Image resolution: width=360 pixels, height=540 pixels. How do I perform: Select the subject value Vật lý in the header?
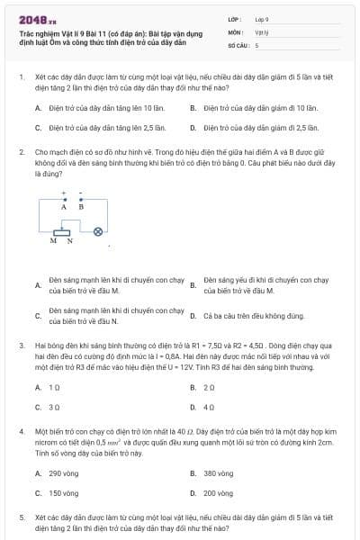(260, 31)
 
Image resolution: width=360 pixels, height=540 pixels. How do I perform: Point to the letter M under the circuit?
(55, 241)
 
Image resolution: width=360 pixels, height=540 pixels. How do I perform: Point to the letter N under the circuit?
(68, 241)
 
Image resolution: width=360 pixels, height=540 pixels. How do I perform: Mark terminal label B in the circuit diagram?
(81, 206)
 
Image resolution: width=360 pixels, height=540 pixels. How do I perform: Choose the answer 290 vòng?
(64, 472)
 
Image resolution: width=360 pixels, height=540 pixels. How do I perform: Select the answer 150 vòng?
(64, 493)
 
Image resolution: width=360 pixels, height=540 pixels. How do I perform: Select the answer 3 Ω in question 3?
(54, 407)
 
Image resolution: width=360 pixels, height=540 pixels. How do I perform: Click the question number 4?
(22, 432)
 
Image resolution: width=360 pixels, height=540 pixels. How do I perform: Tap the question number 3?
(22, 346)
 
